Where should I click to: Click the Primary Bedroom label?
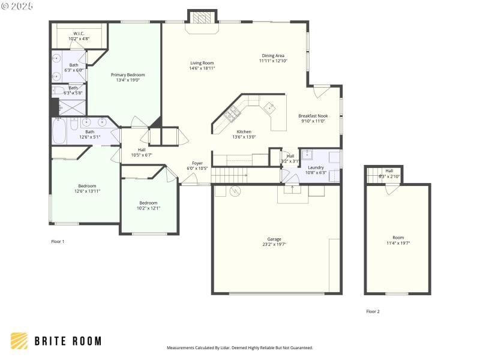point(128,75)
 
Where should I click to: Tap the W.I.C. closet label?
point(79,34)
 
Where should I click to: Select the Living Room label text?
point(202,63)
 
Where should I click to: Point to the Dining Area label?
point(273,56)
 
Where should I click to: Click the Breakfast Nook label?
point(313,116)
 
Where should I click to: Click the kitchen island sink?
point(269,108)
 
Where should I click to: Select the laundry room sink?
point(307,154)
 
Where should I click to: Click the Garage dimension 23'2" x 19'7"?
point(274,244)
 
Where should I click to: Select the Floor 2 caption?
point(373,311)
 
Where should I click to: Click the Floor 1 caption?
point(57,241)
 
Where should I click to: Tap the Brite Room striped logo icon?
point(19,341)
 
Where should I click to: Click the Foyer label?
point(197,163)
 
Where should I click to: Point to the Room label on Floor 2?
point(398,238)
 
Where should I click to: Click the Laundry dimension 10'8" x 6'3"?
point(315,173)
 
